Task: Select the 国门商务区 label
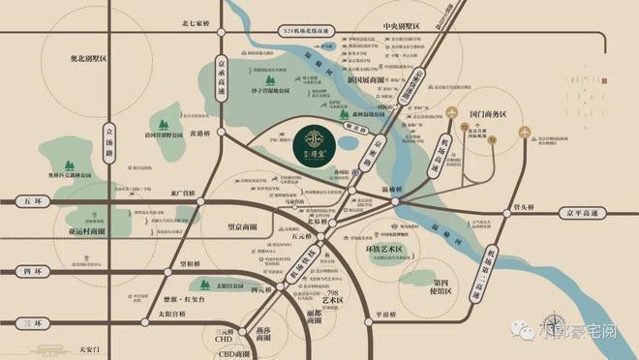(485, 113)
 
